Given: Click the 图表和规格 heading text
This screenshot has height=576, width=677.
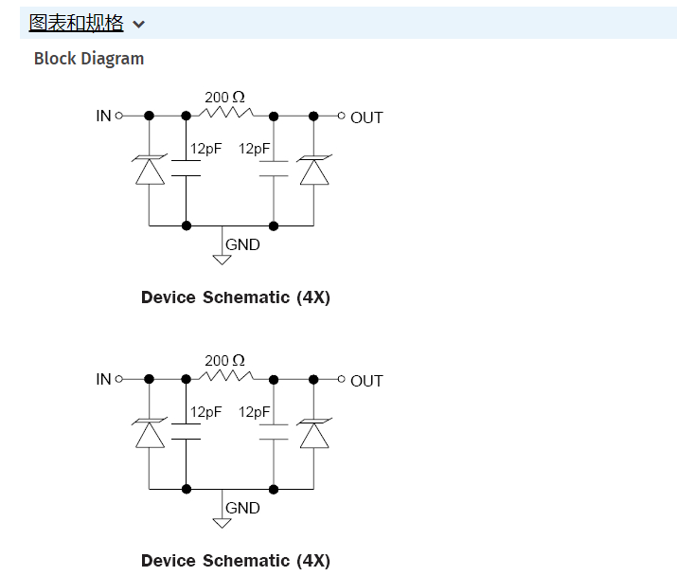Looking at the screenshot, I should pos(77,23).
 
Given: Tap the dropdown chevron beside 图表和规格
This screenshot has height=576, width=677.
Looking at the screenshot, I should pos(139,24).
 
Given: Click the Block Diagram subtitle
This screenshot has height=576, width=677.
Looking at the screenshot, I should pos(89,59).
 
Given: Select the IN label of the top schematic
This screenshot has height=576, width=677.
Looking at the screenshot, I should pos(103,117).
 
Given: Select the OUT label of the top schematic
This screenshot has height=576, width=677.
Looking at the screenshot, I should pos(366,117).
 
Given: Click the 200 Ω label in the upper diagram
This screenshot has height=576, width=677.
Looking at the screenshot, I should pos(224,98).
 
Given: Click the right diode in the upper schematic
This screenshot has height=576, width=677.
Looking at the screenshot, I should pos(314,171).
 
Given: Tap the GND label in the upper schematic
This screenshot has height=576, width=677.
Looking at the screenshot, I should pos(242,244).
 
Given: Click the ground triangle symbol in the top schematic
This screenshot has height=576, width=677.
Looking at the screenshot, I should pos(223,259).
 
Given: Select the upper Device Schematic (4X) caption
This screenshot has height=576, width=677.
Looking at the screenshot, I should pos(236,297).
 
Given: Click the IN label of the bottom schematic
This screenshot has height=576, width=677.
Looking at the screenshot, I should pos(103,379).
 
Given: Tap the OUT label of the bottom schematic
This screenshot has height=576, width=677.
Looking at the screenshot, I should pos(366,381).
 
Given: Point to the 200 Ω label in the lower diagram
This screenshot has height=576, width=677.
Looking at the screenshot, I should pos(224,361).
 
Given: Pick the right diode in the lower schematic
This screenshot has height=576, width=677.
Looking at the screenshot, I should pos(314,434).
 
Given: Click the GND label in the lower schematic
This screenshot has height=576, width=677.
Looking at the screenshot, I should pos(242,508).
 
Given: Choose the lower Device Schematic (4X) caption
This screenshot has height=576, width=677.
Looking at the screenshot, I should pos(236,561).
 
